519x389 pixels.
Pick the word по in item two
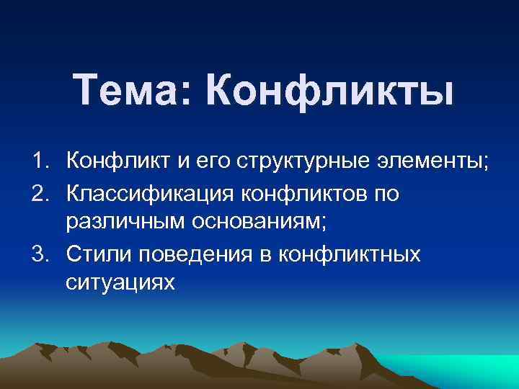coord(385,194)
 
